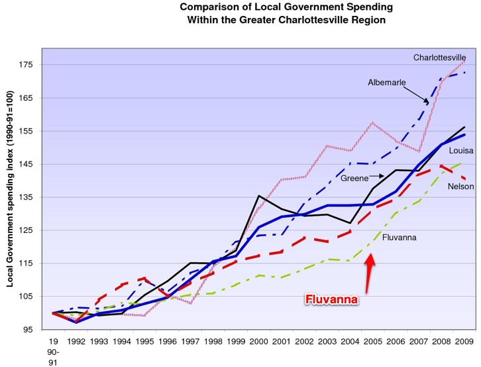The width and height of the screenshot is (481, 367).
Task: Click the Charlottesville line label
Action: click(439, 58)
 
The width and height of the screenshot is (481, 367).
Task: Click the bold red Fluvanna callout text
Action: click(331, 300)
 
